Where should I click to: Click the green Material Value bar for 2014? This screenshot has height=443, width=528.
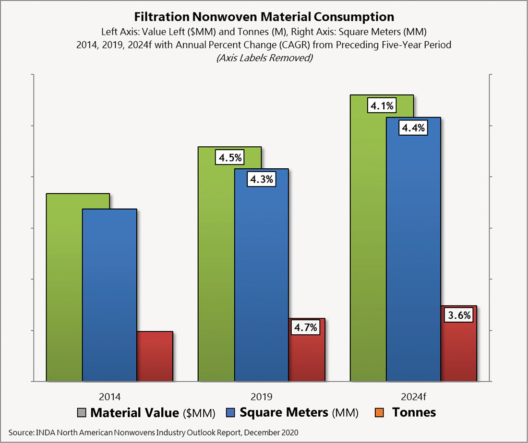click(x=64, y=288)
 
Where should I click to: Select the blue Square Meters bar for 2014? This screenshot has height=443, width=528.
click(x=109, y=295)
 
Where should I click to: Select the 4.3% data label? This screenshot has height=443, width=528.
click(x=261, y=180)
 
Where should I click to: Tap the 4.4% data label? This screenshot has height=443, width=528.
click(x=413, y=128)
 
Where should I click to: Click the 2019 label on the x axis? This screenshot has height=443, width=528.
click(x=261, y=397)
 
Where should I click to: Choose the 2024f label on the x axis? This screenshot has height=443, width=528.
click(x=413, y=397)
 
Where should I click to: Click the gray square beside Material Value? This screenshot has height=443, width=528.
click(x=82, y=412)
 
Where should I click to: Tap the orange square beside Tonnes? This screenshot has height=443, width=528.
click(x=381, y=412)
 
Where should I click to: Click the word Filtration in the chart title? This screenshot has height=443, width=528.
click(x=161, y=17)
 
